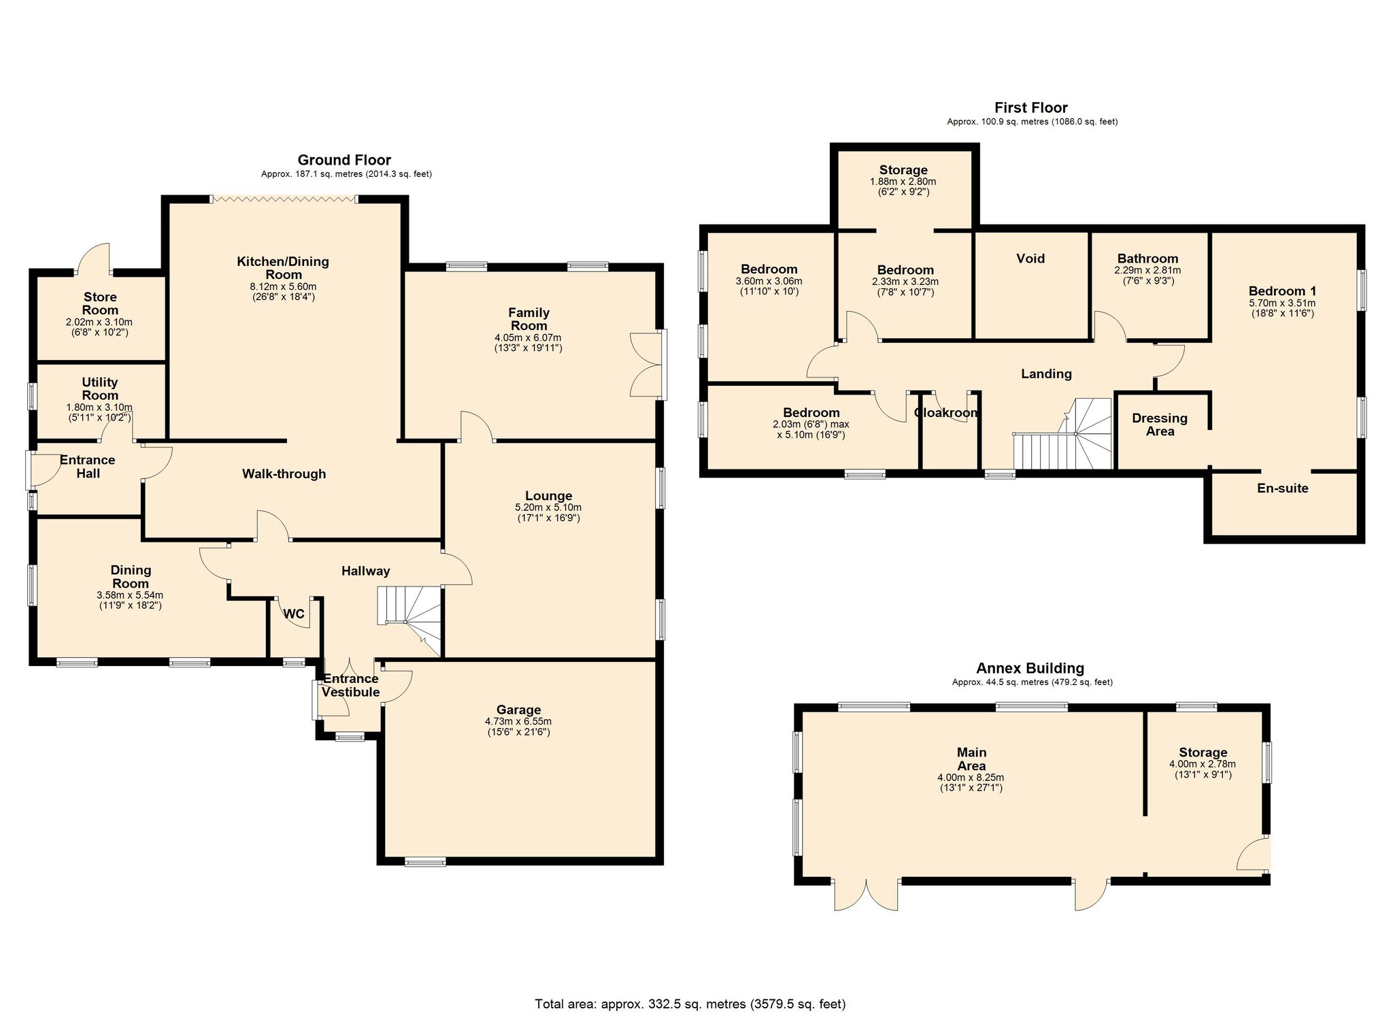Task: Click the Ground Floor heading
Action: [x=344, y=160]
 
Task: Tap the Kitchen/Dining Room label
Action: [x=283, y=267]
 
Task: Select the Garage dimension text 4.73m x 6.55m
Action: [x=518, y=721]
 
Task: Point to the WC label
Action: [x=293, y=614]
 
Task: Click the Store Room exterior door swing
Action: [x=95, y=259]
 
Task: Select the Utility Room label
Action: [x=100, y=388]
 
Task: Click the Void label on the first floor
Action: [x=1030, y=259]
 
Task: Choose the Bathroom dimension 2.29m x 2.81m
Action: [x=1147, y=270]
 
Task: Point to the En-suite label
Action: [x=1282, y=488]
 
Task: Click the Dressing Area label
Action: [x=1160, y=425]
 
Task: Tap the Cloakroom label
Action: [x=945, y=413]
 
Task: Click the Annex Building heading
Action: [x=1030, y=668]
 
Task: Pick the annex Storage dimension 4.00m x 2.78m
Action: [x=1202, y=764]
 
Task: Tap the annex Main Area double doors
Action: [x=866, y=895]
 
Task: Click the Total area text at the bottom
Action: [x=690, y=1003]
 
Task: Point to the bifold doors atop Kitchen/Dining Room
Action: [x=283, y=199]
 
